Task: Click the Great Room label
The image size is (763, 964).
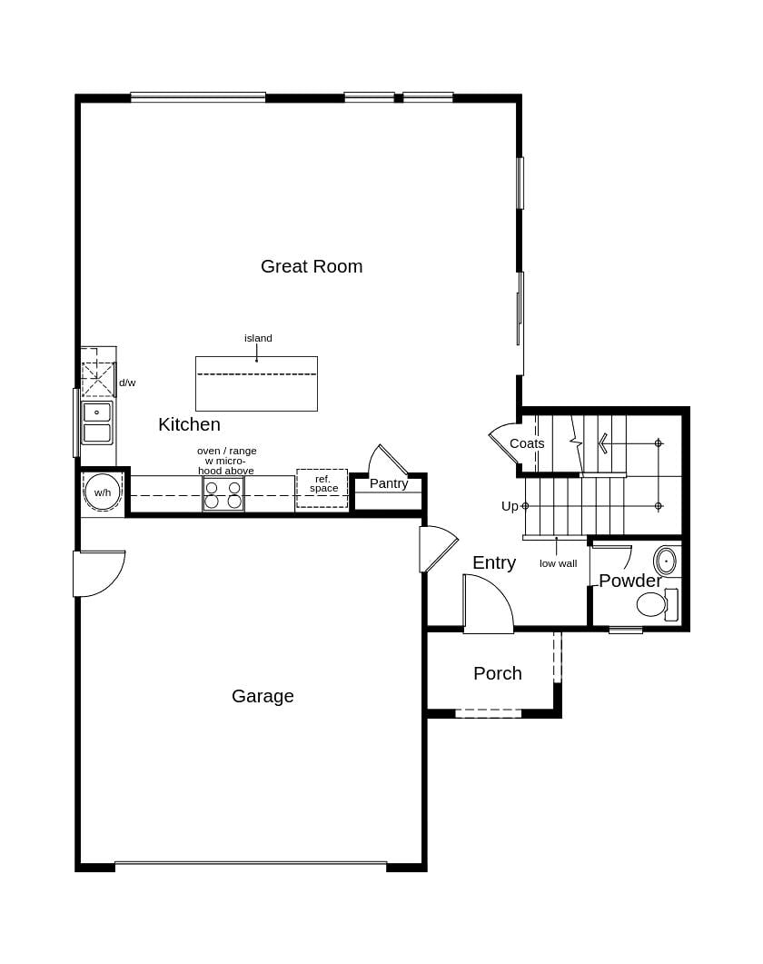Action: pyautogui.click(x=312, y=266)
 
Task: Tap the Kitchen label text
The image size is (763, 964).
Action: pyautogui.click(x=189, y=424)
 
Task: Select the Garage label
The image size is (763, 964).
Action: pyautogui.click(x=263, y=696)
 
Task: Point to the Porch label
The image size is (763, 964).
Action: pyautogui.click(x=498, y=673)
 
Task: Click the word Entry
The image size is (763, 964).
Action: pyautogui.click(x=494, y=562)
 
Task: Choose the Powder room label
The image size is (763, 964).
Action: pyautogui.click(x=629, y=581)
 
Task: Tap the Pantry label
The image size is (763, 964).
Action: pyautogui.click(x=389, y=483)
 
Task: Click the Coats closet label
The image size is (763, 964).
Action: pyautogui.click(x=527, y=443)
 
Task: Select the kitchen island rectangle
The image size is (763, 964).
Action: pyautogui.click(x=256, y=384)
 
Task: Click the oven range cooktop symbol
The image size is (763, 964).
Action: pyautogui.click(x=223, y=494)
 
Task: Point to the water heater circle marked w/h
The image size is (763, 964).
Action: pyautogui.click(x=103, y=492)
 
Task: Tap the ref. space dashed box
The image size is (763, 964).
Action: pyautogui.click(x=322, y=488)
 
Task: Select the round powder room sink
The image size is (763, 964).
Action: pyautogui.click(x=666, y=561)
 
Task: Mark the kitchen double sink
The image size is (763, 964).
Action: pyautogui.click(x=97, y=423)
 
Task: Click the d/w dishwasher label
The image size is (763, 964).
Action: pyautogui.click(x=127, y=383)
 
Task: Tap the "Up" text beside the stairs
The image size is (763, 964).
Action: pyautogui.click(x=510, y=506)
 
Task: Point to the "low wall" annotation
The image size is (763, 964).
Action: pyautogui.click(x=558, y=563)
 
